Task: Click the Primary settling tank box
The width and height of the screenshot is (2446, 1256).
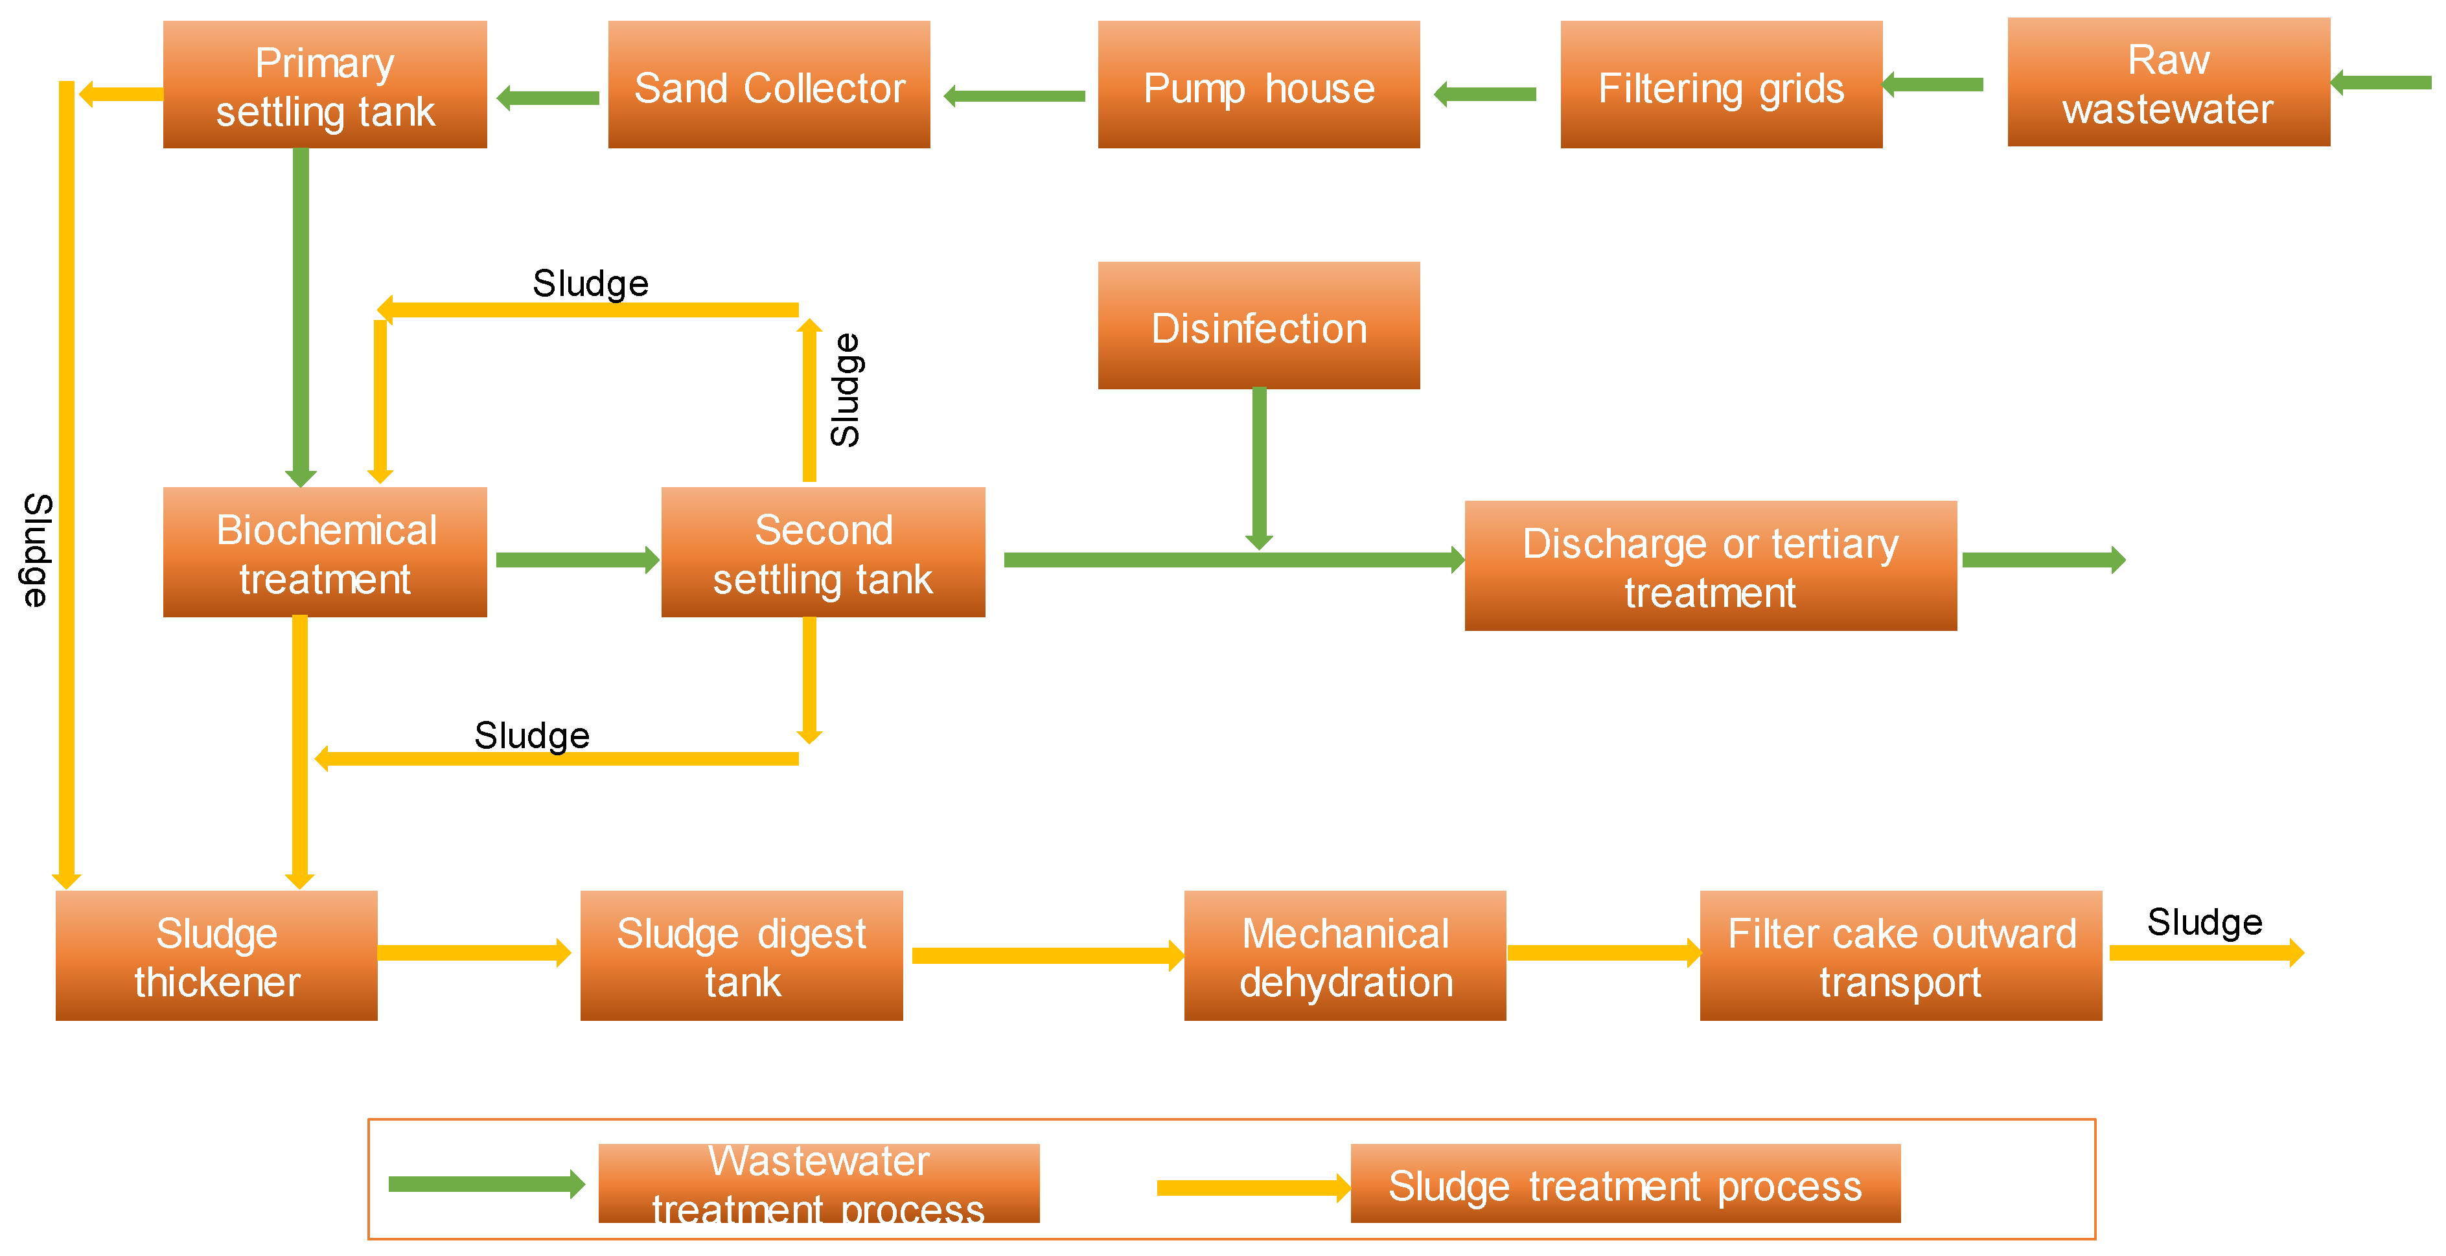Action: [x=325, y=86]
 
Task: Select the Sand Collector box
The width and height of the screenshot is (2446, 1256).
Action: [x=769, y=86]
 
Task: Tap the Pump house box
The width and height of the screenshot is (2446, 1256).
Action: [x=1259, y=86]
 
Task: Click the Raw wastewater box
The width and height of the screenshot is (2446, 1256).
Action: [x=2169, y=84]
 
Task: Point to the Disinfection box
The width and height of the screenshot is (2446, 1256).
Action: [x=1259, y=326]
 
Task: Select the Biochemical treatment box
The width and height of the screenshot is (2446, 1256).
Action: [x=325, y=553]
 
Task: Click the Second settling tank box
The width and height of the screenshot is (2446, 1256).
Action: [x=824, y=553]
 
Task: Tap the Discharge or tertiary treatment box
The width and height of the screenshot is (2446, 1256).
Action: [x=1710, y=566]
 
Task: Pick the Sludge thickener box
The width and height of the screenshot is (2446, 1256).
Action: [x=216, y=956]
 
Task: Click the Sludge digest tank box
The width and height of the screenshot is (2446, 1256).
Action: [x=742, y=956]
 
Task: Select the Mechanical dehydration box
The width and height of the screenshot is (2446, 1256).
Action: [x=1346, y=956]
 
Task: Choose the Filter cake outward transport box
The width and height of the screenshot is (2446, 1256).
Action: [x=1901, y=956]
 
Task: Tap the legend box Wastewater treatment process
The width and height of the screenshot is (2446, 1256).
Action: [x=818, y=1184]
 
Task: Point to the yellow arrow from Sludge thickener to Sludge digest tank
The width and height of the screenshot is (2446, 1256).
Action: [x=473, y=952]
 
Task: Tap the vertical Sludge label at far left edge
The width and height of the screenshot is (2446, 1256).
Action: [x=36, y=551]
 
